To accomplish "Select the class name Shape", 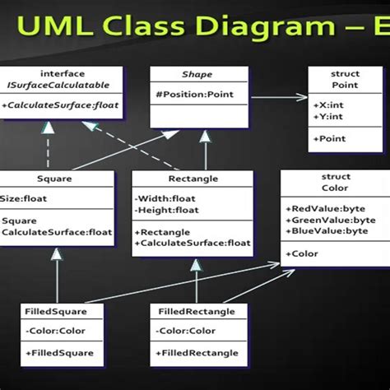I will pyautogui.click(x=197, y=75).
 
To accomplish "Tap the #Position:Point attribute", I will pyautogui.click(x=194, y=93).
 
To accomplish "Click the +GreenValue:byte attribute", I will pyautogui.click(x=328, y=220).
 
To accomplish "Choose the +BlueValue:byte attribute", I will pyautogui.click(x=326, y=230).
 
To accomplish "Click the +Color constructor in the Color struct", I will pyautogui.click(x=304, y=253).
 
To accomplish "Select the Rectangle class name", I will pyautogui.click(x=191, y=178).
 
